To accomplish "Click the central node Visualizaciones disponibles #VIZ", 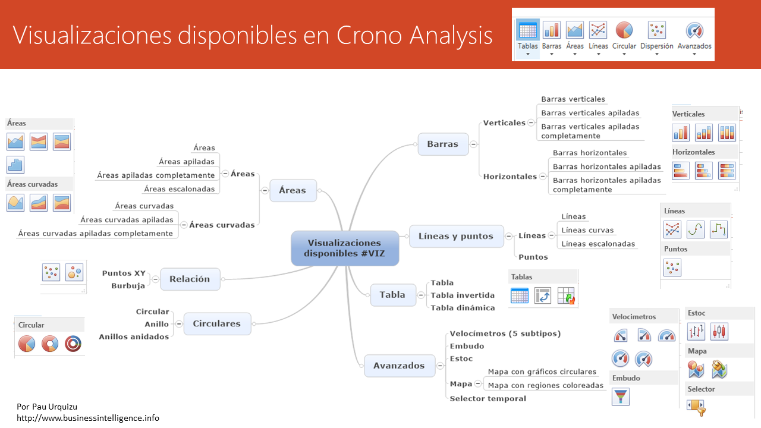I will (x=344, y=248).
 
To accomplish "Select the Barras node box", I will (x=442, y=144).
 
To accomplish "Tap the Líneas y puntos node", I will (x=456, y=236).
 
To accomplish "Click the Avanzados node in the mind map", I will (x=399, y=366).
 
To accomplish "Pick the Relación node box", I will (x=190, y=279).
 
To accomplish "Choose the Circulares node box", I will (x=216, y=324).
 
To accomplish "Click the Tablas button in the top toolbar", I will (x=527, y=37).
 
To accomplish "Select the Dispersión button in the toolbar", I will (x=656, y=37).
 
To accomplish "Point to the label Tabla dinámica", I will (x=463, y=308).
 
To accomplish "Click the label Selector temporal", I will (x=488, y=398).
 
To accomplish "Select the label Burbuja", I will (x=128, y=286).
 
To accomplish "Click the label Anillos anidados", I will (x=134, y=337).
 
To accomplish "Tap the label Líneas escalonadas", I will (x=598, y=244).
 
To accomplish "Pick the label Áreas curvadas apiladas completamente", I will (x=95, y=234).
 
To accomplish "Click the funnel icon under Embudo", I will (x=620, y=396).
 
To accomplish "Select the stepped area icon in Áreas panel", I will (x=15, y=165).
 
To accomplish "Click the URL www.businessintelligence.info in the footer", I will (x=88, y=418).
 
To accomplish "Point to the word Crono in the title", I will (x=369, y=36).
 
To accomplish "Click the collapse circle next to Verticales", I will (x=531, y=123).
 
